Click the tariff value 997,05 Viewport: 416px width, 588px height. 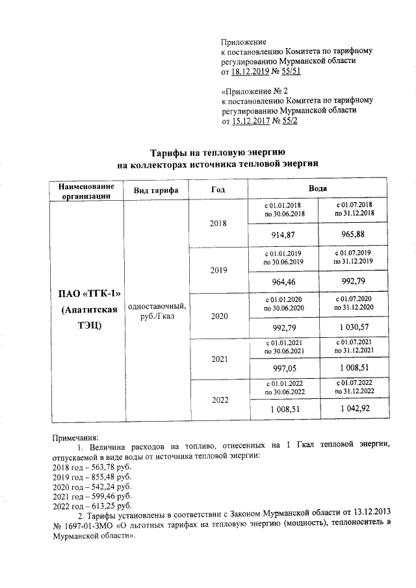point(284,368)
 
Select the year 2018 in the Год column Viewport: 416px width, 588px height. point(218,223)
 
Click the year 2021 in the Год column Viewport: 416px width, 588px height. point(218,358)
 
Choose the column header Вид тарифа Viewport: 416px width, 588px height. point(156,190)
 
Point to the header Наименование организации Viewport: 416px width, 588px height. point(86,190)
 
